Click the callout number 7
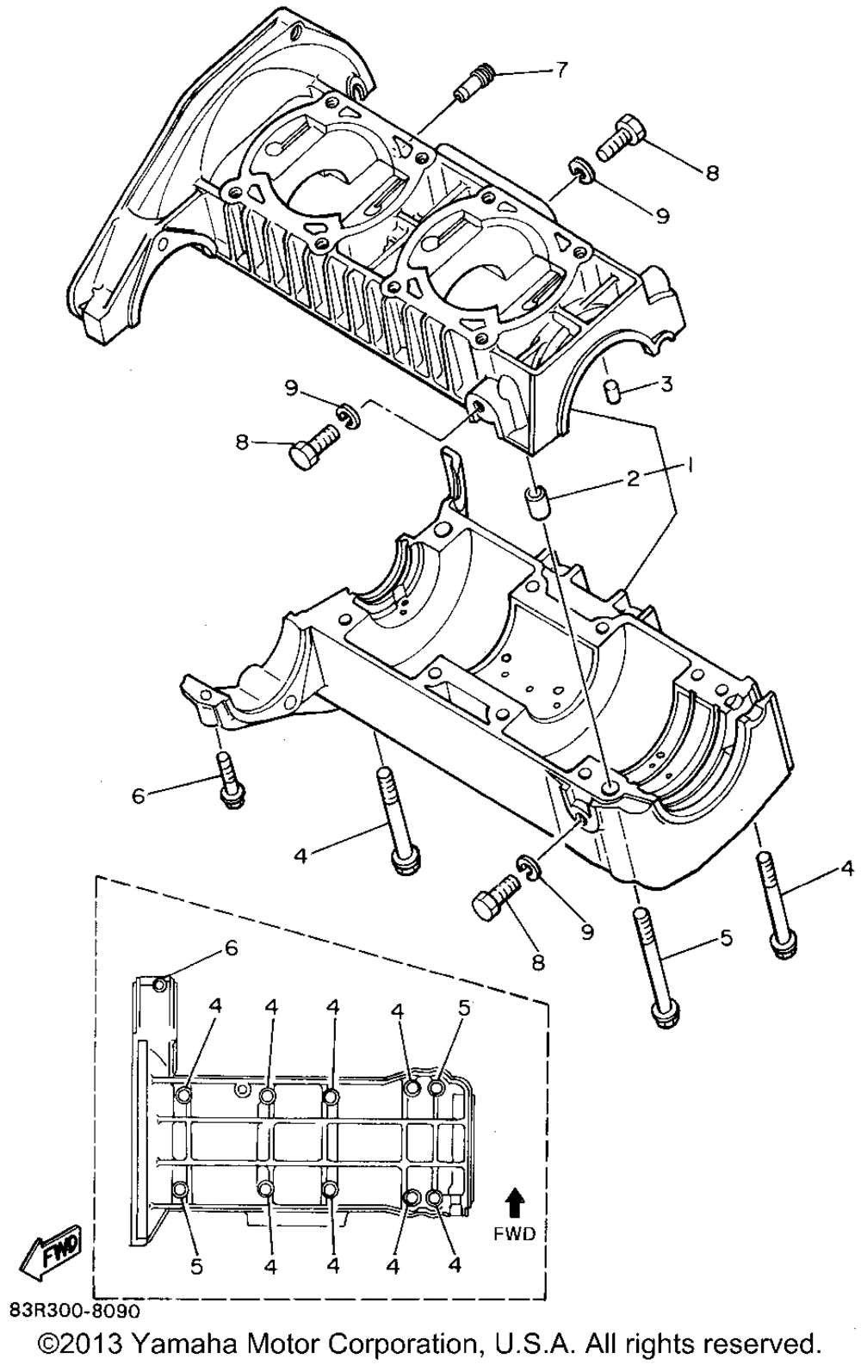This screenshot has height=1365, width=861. (560, 70)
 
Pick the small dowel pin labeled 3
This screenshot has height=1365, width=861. (611, 391)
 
